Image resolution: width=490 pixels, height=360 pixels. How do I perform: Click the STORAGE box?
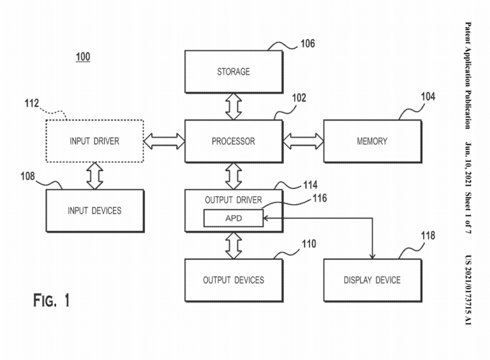234,72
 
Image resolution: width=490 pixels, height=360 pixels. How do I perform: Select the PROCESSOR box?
234,141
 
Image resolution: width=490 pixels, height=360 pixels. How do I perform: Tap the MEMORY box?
372,141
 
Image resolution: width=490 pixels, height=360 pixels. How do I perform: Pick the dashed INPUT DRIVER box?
94,141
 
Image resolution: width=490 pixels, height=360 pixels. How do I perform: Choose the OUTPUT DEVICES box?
234,280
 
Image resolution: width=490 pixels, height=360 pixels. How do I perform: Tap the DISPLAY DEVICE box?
372,280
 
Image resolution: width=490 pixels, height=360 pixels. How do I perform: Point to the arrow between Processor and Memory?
303,141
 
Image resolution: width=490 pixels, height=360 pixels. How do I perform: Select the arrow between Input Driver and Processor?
164,141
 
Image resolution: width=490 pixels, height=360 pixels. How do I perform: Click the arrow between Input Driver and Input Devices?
94,176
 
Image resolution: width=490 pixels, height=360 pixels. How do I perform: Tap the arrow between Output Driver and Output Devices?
234,245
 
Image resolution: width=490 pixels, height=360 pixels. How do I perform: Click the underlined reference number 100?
83,57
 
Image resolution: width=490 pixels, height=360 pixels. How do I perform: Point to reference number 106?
307,43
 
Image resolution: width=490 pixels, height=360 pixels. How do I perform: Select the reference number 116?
319,199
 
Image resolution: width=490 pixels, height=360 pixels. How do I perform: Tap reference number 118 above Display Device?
427,236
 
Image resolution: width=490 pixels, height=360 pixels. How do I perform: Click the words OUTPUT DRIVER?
234,200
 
